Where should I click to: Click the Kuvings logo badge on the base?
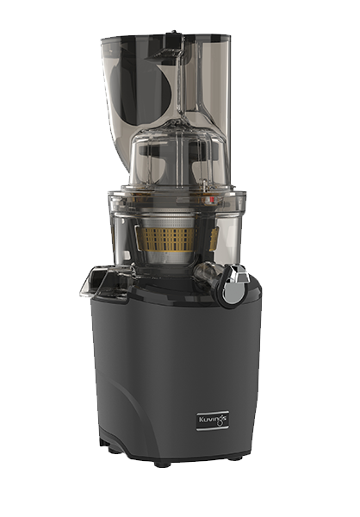pos(213,420)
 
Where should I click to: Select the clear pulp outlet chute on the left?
pos(99,279)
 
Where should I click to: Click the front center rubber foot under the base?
pos(162,464)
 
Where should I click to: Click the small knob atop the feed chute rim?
pos(173,33)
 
